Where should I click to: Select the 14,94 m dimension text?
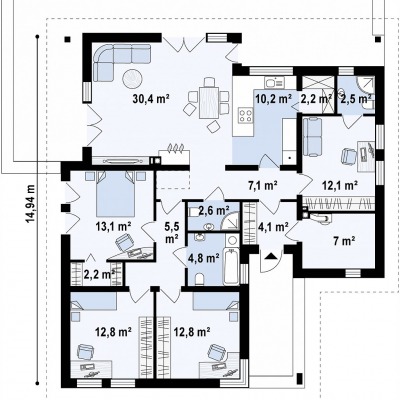pyautogui.click(x=31, y=203)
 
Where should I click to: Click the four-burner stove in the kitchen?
pyautogui.click(x=246, y=115)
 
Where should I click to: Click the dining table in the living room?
pyautogui.click(x=209, y=102)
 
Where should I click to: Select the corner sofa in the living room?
pyautogui.click(x=118, y=62)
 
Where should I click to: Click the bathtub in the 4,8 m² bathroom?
pyautogui.click(x=232, y=266)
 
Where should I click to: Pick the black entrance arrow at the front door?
pyautogui.click(x=271, y=256)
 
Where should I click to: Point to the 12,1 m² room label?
pyautogui.click(x=340, y=185)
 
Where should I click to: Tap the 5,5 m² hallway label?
pyautogui.click(x=172, y=233)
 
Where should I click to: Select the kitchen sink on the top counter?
pyautogui.click(x=274, y=82)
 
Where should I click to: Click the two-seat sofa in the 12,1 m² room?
pyautogui.click(x=313, y=137)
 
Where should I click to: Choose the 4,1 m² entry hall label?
pyautogui.click(x=273, y=227)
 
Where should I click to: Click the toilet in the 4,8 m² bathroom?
pyautogui.click(x=200, y=279)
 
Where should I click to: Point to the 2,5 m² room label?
pyautogui.click(x=356, y=99)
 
